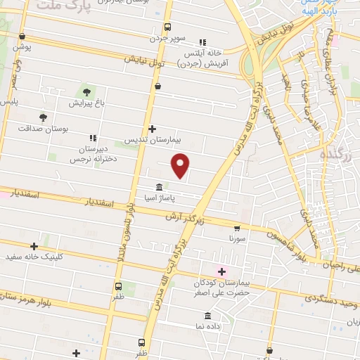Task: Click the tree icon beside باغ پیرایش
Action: coord(87,91)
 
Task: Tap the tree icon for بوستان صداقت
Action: coord(44,117)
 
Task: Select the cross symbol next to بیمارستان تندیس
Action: coord(153,129)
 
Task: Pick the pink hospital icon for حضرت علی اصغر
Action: coord(221,271)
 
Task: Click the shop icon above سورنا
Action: coord(237,228)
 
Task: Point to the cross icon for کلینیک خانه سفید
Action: coord(34,246)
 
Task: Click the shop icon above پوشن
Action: coord(22,37)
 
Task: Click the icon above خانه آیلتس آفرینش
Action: coord(202,41)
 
